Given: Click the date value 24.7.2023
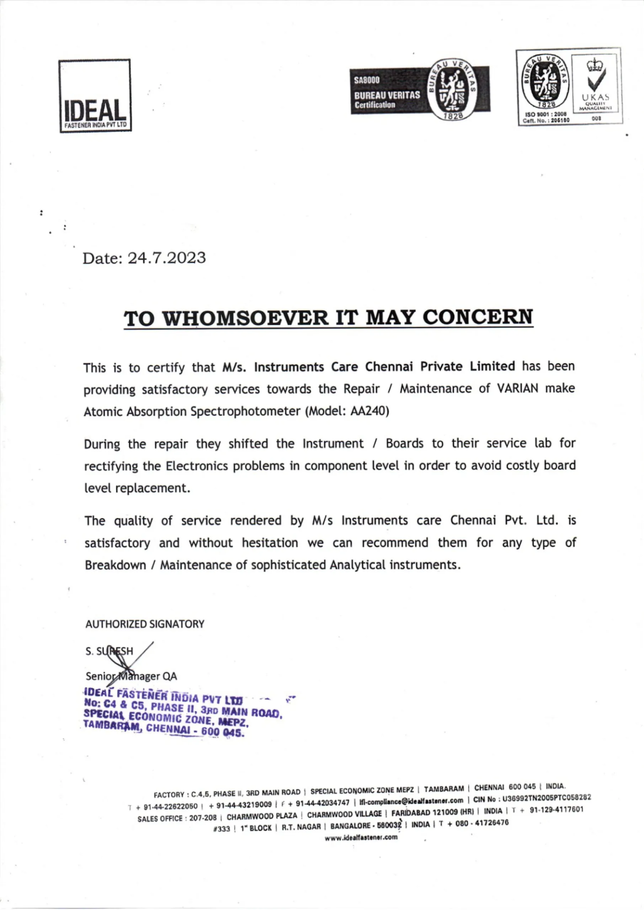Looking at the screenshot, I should pos(166,258).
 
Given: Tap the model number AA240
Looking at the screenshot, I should pos(368,411).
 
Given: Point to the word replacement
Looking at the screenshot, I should pos(152,488).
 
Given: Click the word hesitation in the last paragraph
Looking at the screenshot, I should pos(270,542).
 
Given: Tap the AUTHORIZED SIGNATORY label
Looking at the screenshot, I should pos(145,624).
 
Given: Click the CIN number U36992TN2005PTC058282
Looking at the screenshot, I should pos(547,797).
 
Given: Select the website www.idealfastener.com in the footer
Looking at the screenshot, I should pos(361,837).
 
